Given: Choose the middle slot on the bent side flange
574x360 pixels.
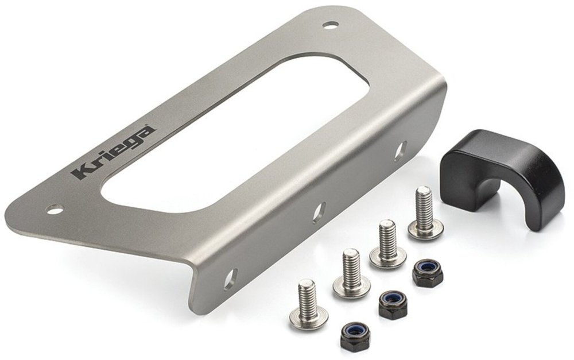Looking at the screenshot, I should (319, 212).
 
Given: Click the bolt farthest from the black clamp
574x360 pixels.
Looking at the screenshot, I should (308, 304).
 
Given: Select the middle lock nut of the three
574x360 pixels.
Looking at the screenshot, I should (393, 304).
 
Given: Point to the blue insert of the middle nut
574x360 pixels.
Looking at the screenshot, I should (393, 299).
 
